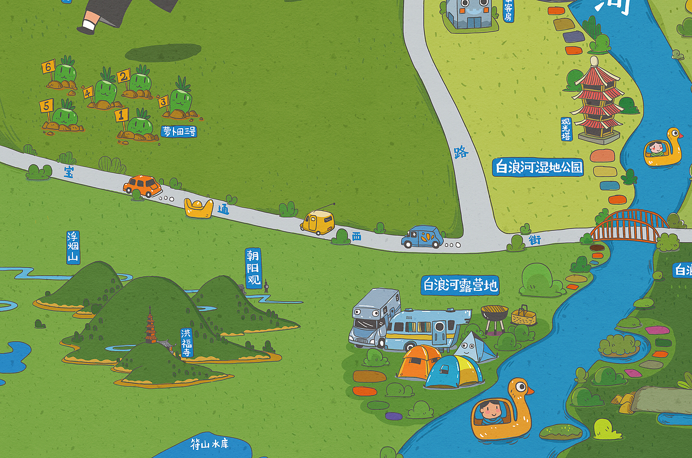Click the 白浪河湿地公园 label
click(x=538, y=167)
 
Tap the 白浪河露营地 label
click(x=460, y=285)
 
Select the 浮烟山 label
click(x=73, y=248)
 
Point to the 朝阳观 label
click(x=253, y=268)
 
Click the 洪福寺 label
click(x=187, y=342)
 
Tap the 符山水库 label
click(x=209, y=444)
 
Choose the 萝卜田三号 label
click(x=179, y=131)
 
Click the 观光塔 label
click(x=566, y=129)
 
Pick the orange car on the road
click(x=143, y=185)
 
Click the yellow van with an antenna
click(x=318, y=222)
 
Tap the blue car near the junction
click(x=422, y=237)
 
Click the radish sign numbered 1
click(x=122, y=115)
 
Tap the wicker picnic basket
click(x=523, y=315)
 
